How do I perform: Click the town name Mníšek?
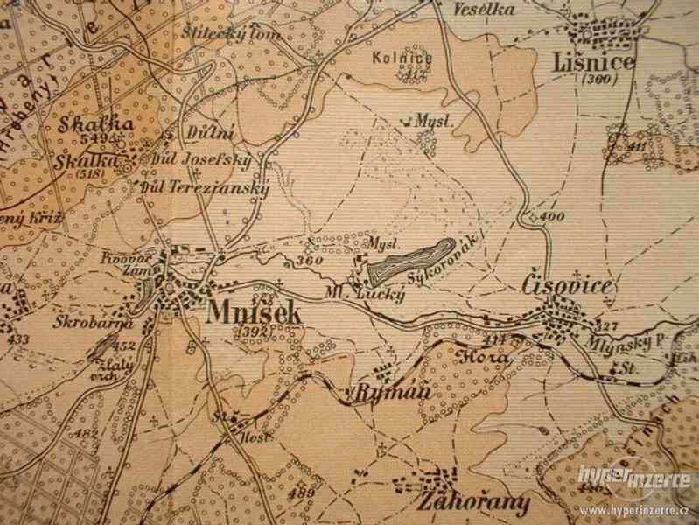pos(255,312)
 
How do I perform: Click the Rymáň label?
pos(394,393)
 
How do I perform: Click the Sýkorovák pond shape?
pos(409,261)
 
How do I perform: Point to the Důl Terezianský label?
pos(206,186)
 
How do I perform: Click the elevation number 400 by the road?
pos(551,216)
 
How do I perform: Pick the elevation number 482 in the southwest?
pos(86,434)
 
